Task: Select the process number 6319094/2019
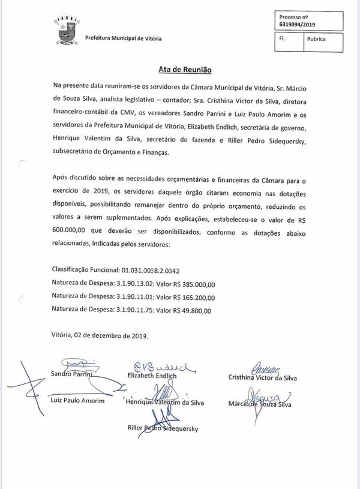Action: (298, 25)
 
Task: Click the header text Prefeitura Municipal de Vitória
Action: (123, 38)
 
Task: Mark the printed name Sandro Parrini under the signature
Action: (70, 375)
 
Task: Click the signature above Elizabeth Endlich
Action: (160, 367)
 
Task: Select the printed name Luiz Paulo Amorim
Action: (77, 401)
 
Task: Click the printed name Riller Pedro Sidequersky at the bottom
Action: (163, 428)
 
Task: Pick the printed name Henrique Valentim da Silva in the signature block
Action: (165, 403)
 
